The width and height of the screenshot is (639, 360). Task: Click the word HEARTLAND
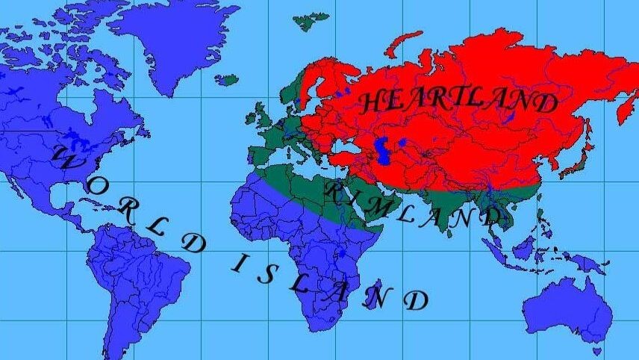(459, 102)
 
